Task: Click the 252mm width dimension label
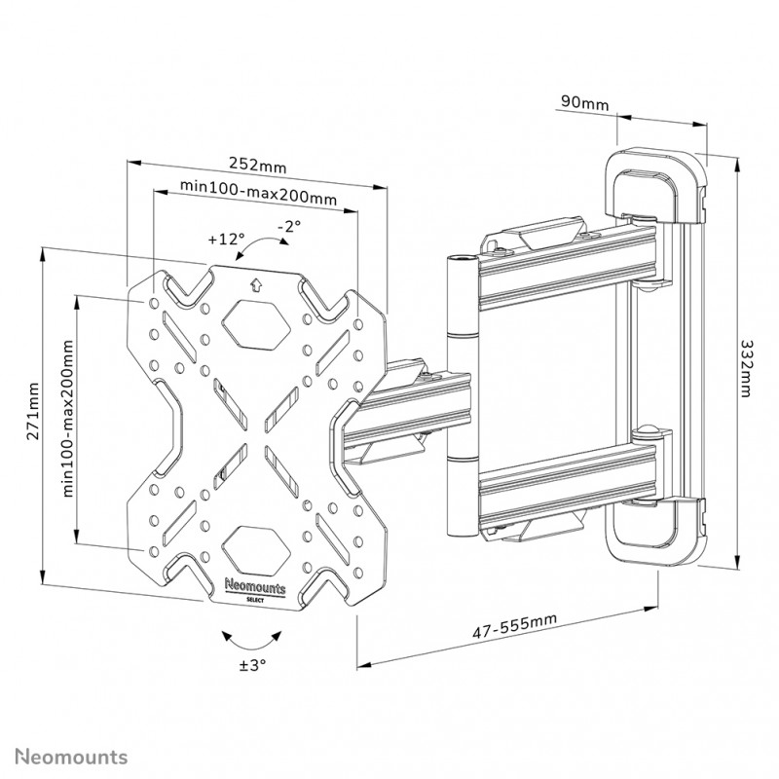coord(257,164)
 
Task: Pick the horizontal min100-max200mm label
coord(259,198)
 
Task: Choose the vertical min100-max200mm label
coord(69,419)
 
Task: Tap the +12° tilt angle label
coord(225,238)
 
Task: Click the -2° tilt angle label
coord(288,226)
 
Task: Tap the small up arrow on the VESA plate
coord(256,285)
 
